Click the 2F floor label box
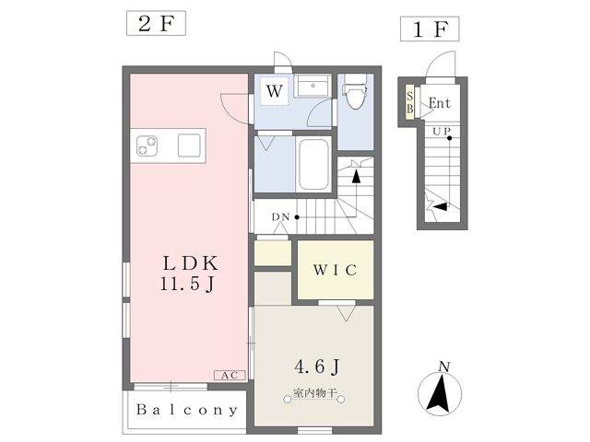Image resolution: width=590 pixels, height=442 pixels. point(156,23)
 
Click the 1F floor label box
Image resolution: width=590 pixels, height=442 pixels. point(430,29)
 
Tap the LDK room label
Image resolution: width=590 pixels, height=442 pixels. point(191,263)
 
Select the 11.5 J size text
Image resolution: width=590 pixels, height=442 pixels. point(187,284)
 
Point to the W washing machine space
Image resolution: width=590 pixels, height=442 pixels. point(275,91)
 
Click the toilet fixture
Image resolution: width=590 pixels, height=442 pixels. point(355,91)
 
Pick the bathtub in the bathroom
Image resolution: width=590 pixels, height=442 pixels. point(313,164)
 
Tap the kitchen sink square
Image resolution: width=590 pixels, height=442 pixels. point(189,145)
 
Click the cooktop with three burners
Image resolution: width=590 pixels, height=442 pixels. point(147,145)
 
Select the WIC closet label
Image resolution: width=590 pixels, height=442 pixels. point(336,270)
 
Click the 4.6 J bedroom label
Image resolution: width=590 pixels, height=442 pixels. point(317,366)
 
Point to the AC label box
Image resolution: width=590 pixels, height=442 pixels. point(230,375)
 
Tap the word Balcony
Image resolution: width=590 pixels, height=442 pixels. point(187,410)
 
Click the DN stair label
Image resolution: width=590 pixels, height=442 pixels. point(280,217)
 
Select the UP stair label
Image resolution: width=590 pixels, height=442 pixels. point(442,132)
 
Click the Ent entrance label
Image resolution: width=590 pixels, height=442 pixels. point(440,103)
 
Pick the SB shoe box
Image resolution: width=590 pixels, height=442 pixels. point(409,102)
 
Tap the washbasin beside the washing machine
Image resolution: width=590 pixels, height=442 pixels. point(313,86)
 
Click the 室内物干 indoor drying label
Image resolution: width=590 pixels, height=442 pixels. point(314,393)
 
